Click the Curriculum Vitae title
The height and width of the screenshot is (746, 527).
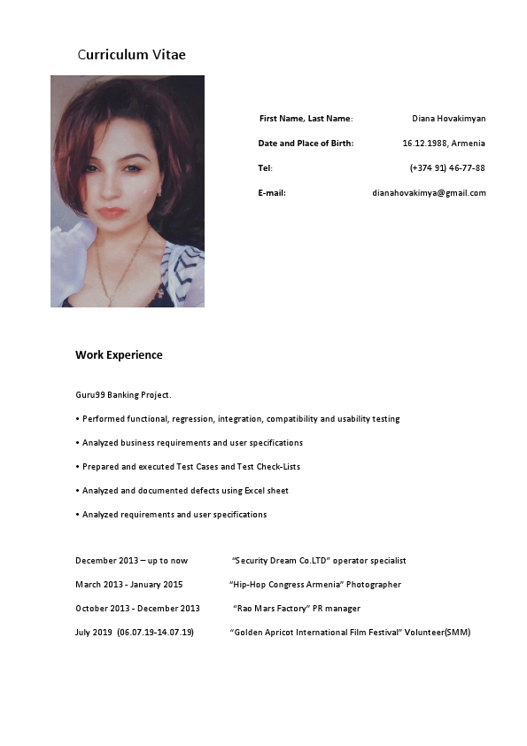(131, 55)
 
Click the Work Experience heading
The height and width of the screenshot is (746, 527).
(119, 355)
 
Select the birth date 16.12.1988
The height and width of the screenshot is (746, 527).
(423, 144)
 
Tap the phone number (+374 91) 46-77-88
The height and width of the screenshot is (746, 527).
(447, 168)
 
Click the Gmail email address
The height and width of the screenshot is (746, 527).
(429, 193)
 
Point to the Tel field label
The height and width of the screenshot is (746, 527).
(265, 168)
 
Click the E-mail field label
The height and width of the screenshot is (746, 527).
(271, 193)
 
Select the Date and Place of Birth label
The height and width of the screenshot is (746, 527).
(306, 144)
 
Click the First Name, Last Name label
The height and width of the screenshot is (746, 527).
(306, 119)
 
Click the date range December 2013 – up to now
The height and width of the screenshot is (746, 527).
(131, 561)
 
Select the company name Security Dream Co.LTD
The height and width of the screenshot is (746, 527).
(281, 561)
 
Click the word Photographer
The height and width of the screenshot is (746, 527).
(374, 585)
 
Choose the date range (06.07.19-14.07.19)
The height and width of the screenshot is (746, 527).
(155, 633)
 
